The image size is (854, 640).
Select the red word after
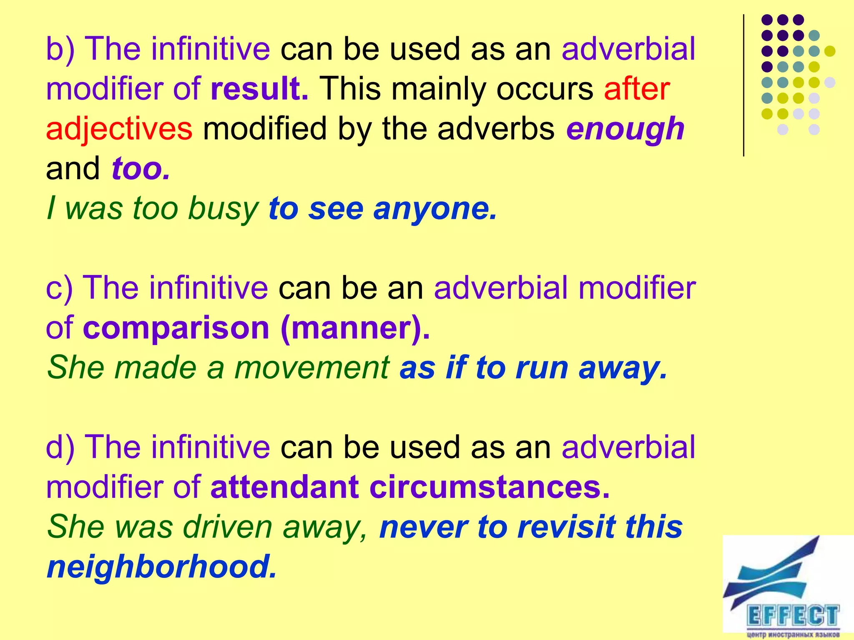click(637, 89)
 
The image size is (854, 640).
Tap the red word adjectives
click(119, 129)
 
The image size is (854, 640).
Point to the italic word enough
click(625, 129)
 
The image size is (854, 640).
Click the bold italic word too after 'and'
click(141, 169)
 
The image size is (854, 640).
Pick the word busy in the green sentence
click(223, 208)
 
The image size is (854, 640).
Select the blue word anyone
click(435, 208)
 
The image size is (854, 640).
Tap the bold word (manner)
click(355, 328)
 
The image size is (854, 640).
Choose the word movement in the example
click(312, 368)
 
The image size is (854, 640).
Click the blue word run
click(542, 368)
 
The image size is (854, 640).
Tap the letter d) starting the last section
click(60, 447)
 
